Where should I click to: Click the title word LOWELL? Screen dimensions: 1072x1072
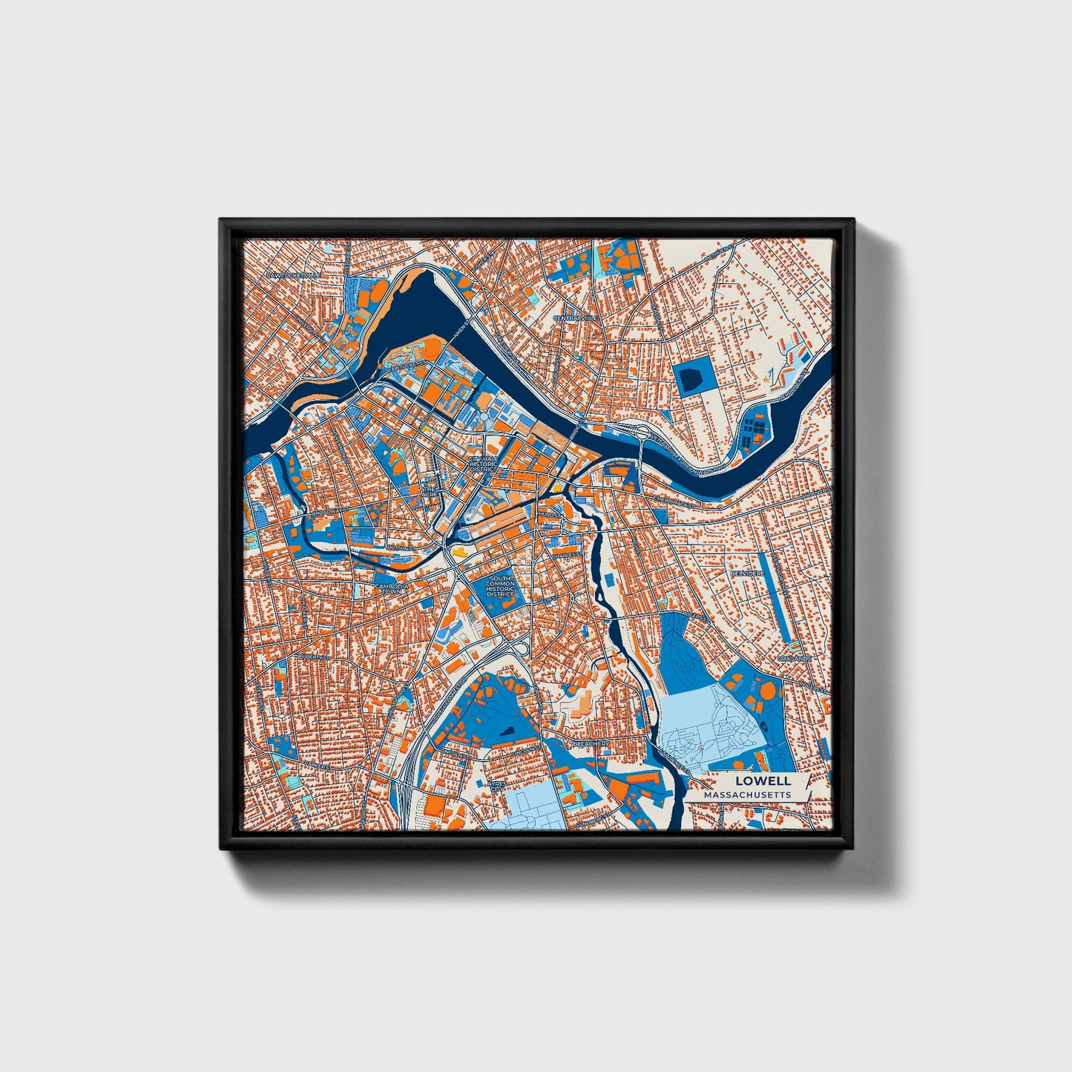pyautogui.click(x=763, y=781)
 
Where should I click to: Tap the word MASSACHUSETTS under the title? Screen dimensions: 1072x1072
pyautogui.click(x=747, y=795)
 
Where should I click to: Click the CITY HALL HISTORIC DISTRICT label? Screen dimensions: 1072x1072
pyautogui.click(x=484, y=464)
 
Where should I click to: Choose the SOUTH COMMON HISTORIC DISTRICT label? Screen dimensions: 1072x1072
pyautogui.click(x=500, y=586)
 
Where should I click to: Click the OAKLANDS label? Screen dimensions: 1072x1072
pyautogui.click(x=793, y=658)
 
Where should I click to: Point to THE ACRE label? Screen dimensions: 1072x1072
pyautogui.click(x=430, y=493)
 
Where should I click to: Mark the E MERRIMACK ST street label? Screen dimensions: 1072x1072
pyautogui.click(x=674, y=502)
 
